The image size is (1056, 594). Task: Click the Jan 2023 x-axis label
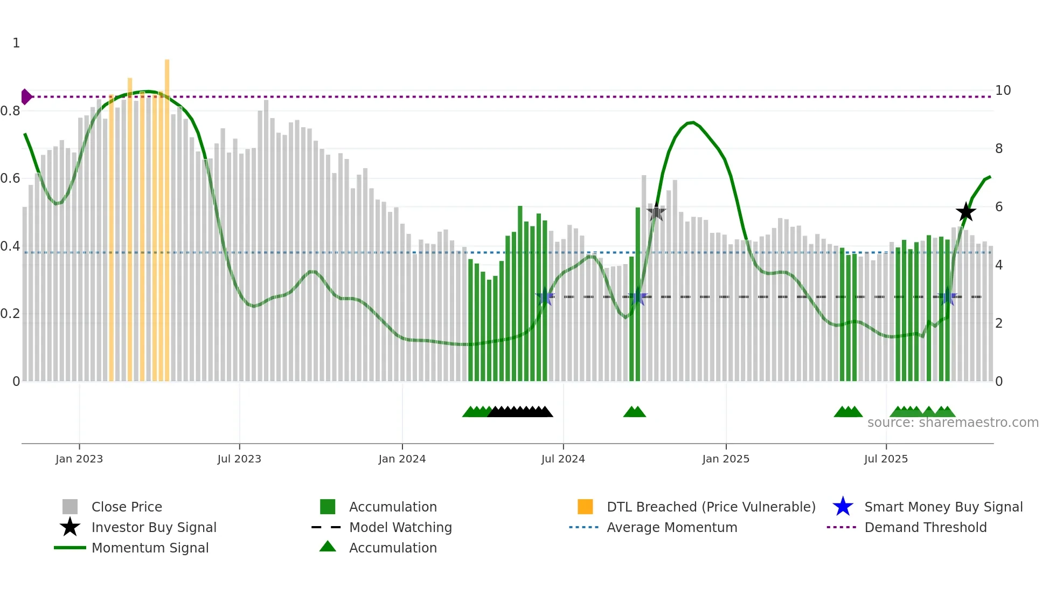click(79, 459)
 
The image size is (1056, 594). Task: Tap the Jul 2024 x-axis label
click(562, 459)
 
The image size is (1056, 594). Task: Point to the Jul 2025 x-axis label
click(885, 459)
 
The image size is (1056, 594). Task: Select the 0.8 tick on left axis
click(10, 111)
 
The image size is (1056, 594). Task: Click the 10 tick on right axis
click(1003, 91)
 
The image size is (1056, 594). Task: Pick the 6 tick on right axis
click(998, 207)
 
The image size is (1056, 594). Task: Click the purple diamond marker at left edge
click(26, 97)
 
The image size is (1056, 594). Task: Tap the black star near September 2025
click(965, 212)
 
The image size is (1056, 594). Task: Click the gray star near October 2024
click(656, 213)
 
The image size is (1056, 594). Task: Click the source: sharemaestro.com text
click(953, 423)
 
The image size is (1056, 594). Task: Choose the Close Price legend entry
click(126, 507)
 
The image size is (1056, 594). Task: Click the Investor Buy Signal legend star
click(70, 527)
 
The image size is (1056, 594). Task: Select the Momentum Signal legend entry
click(149, 548)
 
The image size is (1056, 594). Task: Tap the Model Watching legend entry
click(400, 527)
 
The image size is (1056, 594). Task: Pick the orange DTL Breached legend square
click(585, 507)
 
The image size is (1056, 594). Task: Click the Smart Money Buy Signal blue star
click(843, 507)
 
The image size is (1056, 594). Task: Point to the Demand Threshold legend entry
click(925, 527)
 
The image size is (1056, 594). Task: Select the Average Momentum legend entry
click(671, 527)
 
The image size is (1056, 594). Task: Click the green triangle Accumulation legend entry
click(328, 547)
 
